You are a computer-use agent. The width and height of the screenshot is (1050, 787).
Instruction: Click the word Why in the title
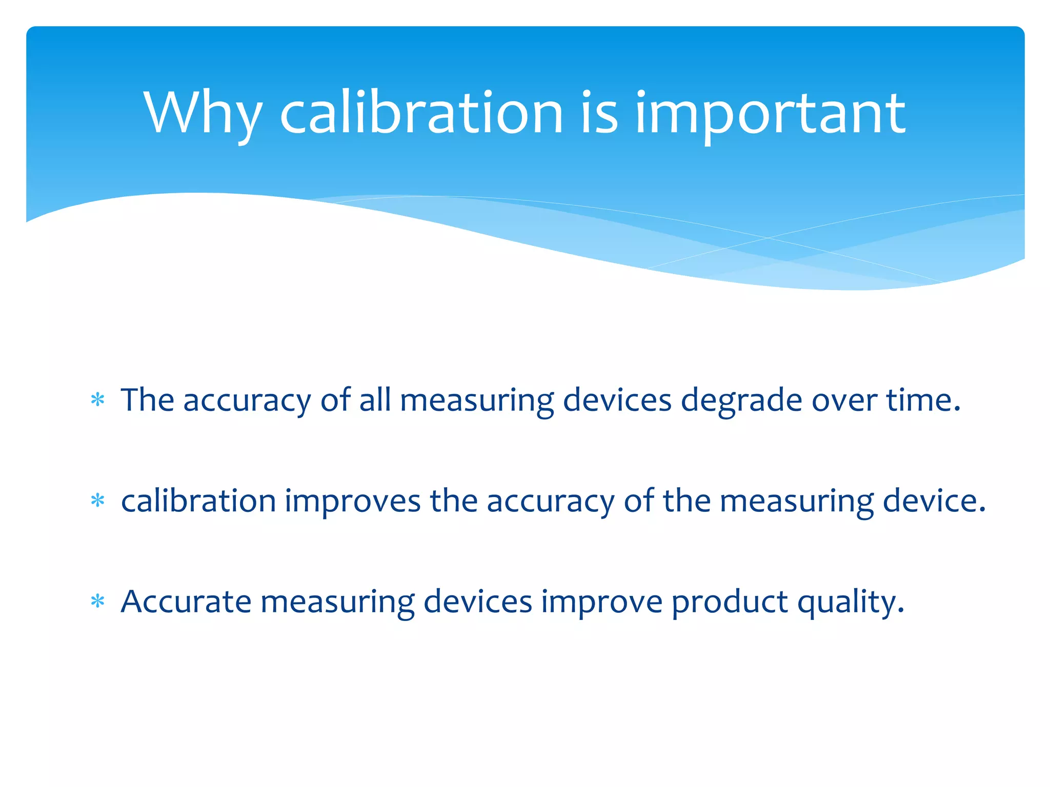[203, 114]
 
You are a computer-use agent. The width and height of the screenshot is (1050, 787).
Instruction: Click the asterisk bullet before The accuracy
[97, 400]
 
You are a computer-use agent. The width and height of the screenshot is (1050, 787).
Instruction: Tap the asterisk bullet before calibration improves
[97, 501]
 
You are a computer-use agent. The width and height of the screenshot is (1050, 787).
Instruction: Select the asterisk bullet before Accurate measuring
[97, 602]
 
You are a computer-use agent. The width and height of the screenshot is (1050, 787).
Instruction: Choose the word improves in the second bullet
[353, 501]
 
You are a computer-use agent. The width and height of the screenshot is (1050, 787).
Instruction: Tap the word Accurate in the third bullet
[186, 602]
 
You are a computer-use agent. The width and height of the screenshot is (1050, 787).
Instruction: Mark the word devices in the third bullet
[478, 602]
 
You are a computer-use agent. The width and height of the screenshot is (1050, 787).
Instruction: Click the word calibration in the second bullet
[198, 501]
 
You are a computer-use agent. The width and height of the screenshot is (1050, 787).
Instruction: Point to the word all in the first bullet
[375, 400]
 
